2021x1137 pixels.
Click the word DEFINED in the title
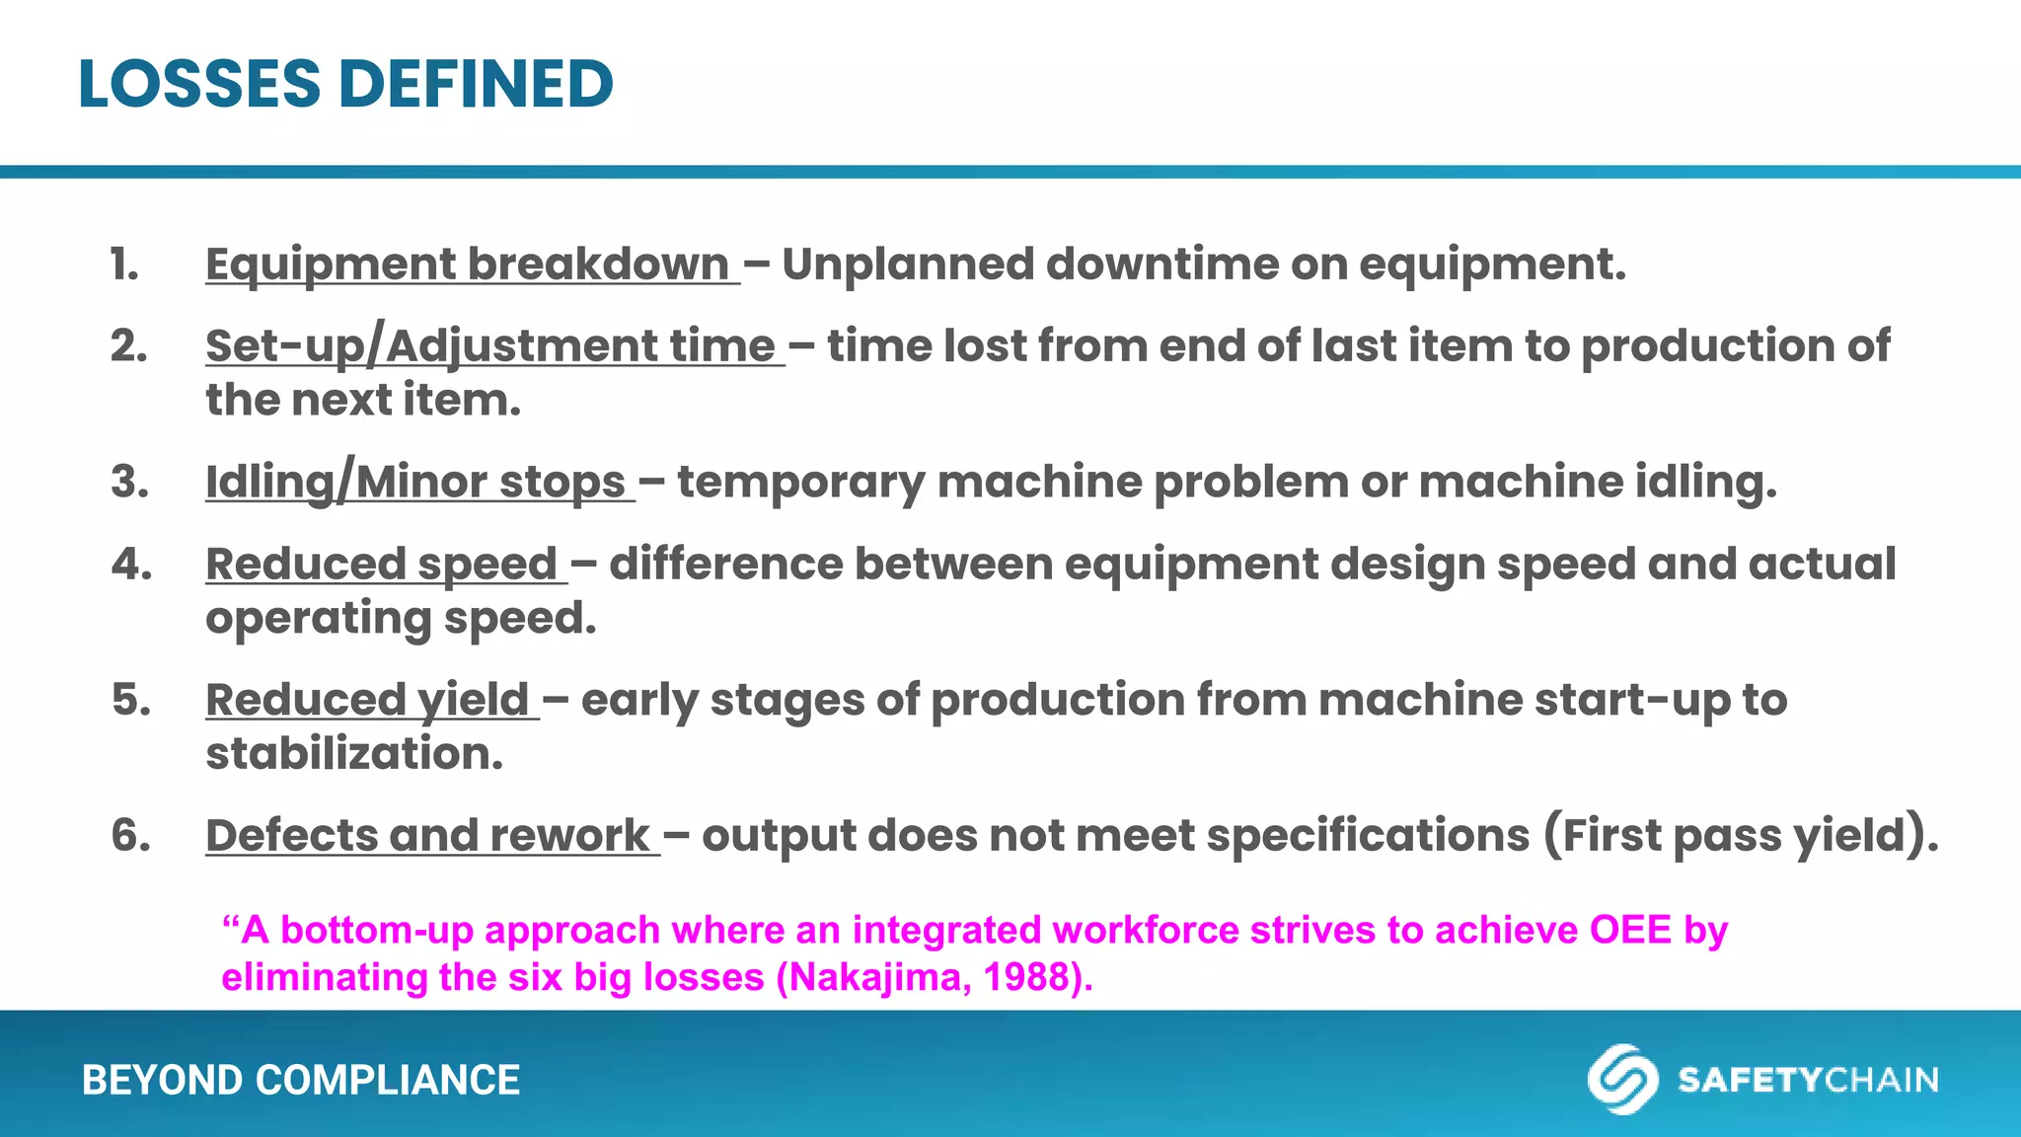tap(476, 84)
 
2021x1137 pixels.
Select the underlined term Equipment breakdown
tap(467, 265)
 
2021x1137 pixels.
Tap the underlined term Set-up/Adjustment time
tap(490, 346)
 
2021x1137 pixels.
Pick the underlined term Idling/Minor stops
tap(415, 482)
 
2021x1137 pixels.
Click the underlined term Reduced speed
tap(382, 565)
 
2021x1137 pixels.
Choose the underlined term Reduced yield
tap(367, 700)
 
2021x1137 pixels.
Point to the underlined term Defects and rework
tap(427, 836)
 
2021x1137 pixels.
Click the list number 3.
tap(129, 482)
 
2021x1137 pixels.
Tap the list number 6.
tap(130, 836)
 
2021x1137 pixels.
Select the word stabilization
tap(353, 754)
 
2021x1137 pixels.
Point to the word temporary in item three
tap(800, 482)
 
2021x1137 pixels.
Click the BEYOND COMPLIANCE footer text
tap(300, 1080)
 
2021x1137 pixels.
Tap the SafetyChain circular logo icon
tap(1621, 1079)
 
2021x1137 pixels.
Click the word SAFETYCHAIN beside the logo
tap(1808, 1080)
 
